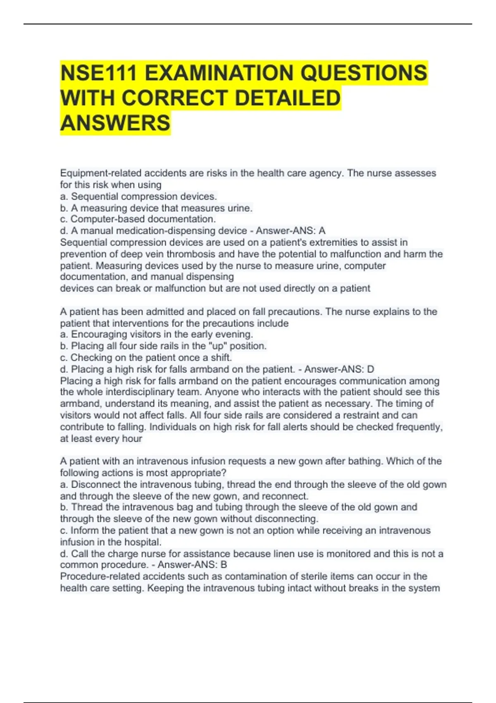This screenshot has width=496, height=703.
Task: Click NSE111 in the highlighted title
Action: coord(98,73)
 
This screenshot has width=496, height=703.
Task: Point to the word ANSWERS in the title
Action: coord(115,123)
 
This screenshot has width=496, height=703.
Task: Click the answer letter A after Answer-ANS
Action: coord(322,231)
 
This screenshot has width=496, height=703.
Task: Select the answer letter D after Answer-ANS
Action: coord(370,369)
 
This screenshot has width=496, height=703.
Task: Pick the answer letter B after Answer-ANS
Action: coord(224,565)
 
